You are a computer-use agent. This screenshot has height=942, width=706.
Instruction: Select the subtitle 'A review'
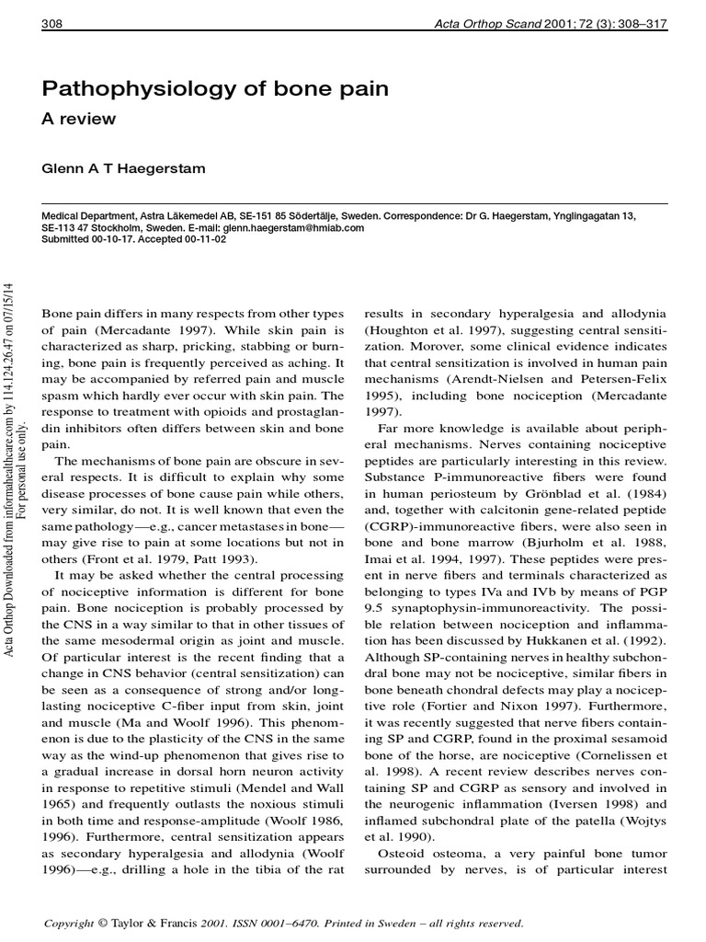click(79, 120)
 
